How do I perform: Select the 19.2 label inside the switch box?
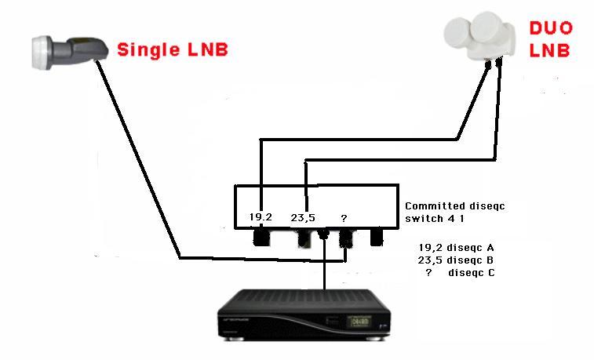point(261,217)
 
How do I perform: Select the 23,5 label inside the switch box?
point(303,217)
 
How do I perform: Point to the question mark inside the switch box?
point(344,217)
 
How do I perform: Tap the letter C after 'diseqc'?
point(490,272)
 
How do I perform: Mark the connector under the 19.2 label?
point(261,237)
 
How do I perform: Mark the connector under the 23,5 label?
point(303,237)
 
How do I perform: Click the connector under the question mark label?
point(344,237)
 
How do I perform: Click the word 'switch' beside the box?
point(424,220)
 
